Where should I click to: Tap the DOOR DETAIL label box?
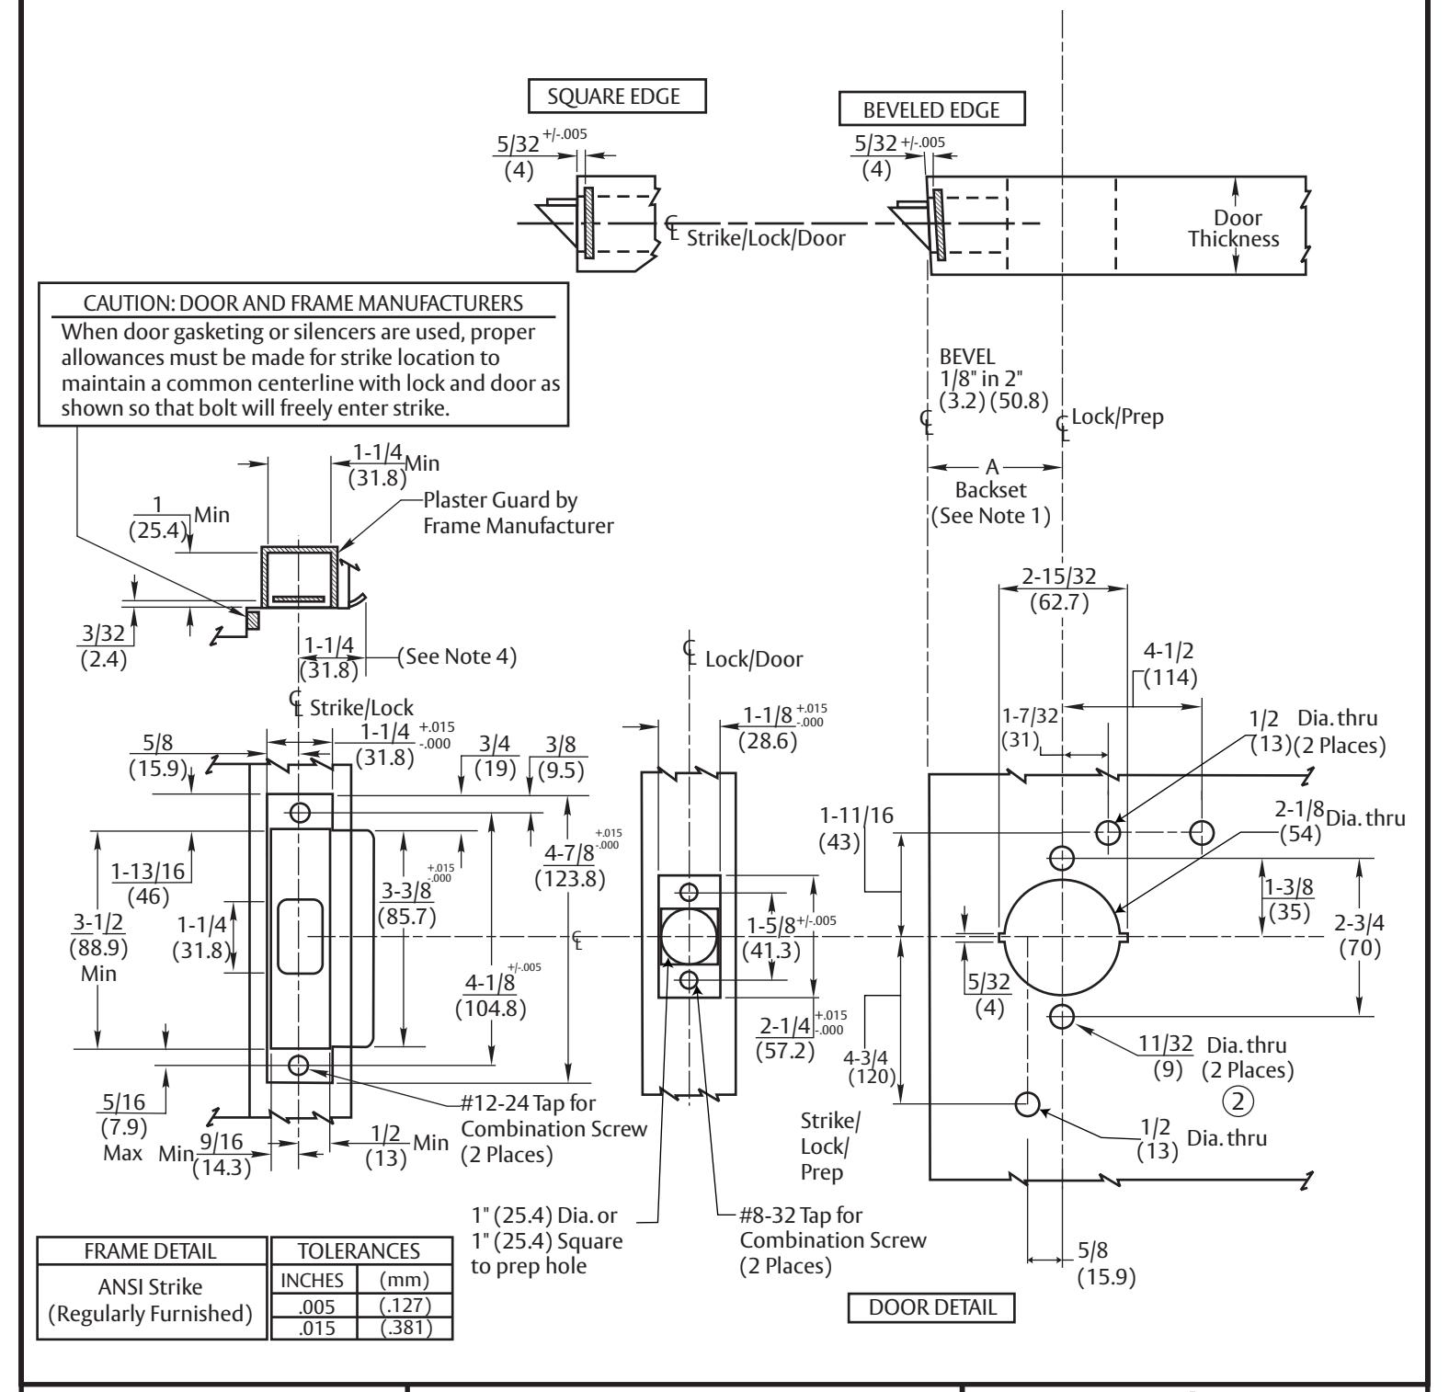click(931, 1306)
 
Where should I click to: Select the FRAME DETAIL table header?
click(150, 1251)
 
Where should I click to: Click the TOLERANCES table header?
click(362, 1251)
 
